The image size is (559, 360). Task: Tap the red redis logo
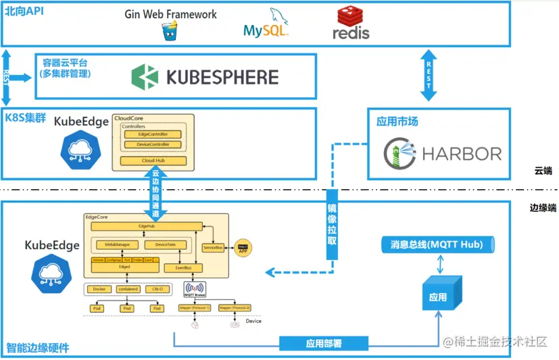point(351,22)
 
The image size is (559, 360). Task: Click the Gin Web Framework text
point(170,14)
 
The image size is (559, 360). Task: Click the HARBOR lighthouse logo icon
point(399,153)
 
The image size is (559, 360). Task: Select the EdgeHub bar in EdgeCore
point(146,226)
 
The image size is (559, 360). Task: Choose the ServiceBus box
point(214,248)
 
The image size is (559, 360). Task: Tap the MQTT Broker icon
point(195,290)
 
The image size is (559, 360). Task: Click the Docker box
point(98,289)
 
